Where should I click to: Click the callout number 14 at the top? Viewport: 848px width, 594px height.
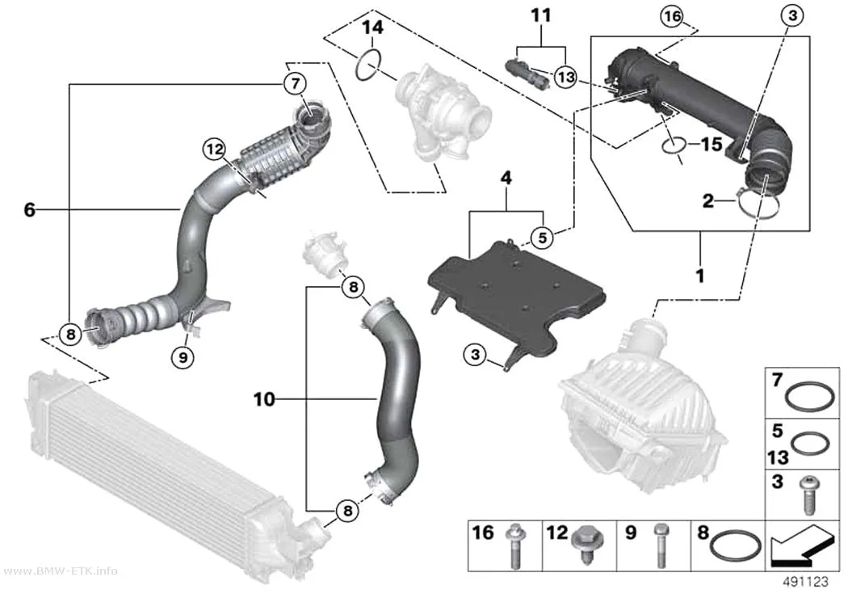372,27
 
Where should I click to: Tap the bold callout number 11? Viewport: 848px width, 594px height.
541,15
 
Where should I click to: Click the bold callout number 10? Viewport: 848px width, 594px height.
264,399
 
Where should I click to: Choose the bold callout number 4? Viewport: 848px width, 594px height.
506,178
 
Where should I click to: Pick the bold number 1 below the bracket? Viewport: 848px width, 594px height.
700,276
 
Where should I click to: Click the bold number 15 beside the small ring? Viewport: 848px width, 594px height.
712,144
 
